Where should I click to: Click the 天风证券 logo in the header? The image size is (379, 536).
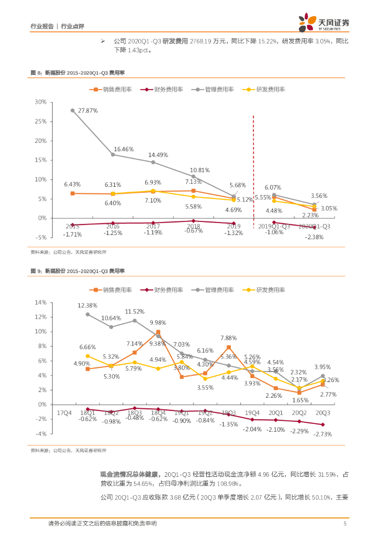[324, 22]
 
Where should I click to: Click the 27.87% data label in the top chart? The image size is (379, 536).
[88, 111]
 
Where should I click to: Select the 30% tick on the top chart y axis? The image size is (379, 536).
[40, 102]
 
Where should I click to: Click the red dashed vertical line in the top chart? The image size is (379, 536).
[254, 167]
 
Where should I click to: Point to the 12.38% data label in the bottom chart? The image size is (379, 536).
[88, 305]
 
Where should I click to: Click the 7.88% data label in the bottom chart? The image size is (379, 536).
[229, 338]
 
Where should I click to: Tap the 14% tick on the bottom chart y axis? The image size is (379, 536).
[40, 303]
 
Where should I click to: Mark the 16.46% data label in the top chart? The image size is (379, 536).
[124, 149]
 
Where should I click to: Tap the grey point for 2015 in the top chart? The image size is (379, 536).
[72, 110]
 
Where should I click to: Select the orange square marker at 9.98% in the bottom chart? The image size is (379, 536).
[158, 332]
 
